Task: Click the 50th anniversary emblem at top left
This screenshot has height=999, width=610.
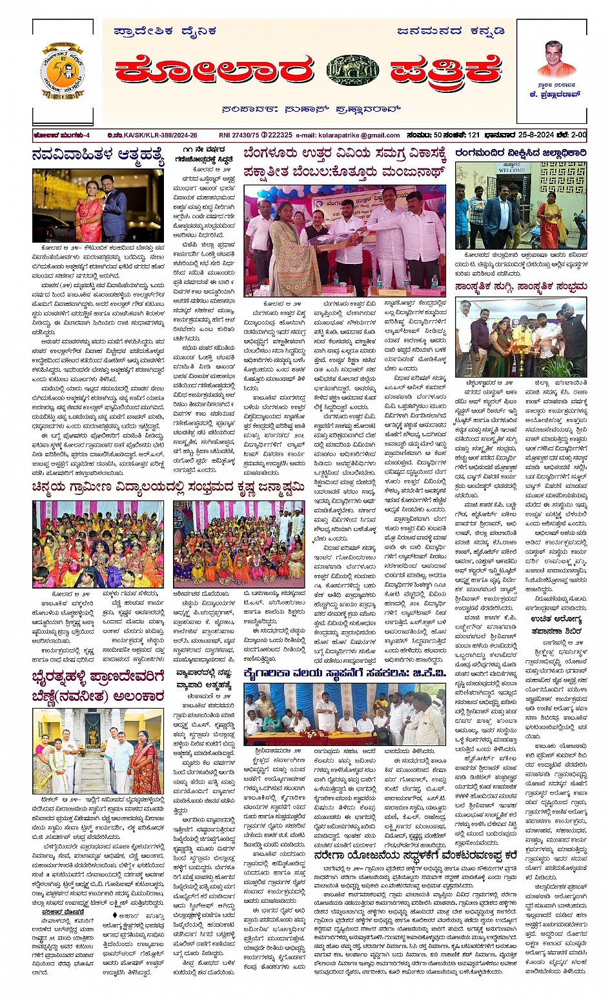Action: (x=63, y=70)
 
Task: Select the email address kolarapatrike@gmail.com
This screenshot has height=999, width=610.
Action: (x=348, y=136)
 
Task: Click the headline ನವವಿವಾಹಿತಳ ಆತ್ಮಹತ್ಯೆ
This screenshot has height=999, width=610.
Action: (x=98, y=157)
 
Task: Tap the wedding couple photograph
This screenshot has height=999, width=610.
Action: (x=98, y=206)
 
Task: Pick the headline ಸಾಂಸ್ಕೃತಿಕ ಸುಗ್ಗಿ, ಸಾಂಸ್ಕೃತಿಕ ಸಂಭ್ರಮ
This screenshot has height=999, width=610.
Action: (x=520, y=286)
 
